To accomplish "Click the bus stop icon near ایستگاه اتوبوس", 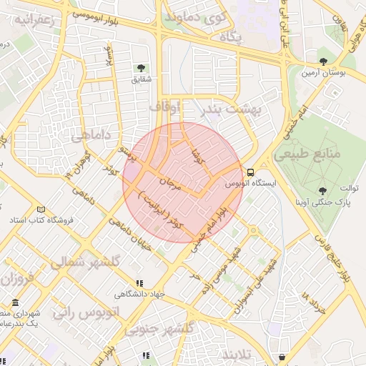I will point(250,172).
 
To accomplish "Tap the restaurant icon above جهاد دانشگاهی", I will point(140,283).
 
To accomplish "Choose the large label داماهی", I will point(91,133).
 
